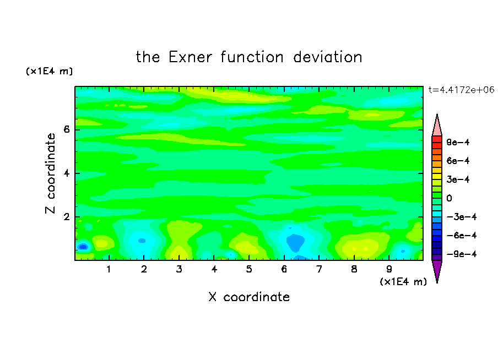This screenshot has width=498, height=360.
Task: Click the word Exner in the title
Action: coord(190,57)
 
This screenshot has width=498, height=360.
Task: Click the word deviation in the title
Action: coord(327,57)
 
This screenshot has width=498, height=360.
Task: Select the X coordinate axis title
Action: coord(249,297)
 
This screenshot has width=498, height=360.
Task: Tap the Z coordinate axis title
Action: coord(50,173)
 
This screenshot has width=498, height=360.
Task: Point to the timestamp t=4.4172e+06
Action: coord(461,90)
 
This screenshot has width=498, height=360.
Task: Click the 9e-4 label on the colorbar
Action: coord(458,142)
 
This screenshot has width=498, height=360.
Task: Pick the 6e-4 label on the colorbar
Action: coord(458,161)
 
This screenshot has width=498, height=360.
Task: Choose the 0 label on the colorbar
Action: coord(449,198)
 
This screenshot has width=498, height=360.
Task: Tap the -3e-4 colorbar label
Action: coord(462,217)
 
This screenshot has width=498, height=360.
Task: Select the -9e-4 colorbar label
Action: coord(462,254)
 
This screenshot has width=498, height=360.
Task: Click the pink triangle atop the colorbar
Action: coord(437,126)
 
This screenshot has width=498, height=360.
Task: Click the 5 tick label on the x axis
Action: coord(249,269)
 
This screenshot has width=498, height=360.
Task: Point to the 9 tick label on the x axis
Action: coord(389,269)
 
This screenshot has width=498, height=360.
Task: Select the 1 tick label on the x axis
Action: coord(109,269)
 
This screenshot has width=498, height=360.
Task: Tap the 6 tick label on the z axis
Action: coord(66,129)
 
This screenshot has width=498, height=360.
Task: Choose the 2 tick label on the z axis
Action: coord(66,217)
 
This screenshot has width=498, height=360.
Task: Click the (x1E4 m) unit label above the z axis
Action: coord(49,71)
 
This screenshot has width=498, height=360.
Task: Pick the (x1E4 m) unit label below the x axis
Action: coord(403,282)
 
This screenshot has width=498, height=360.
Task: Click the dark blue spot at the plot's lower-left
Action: coord(83,247)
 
